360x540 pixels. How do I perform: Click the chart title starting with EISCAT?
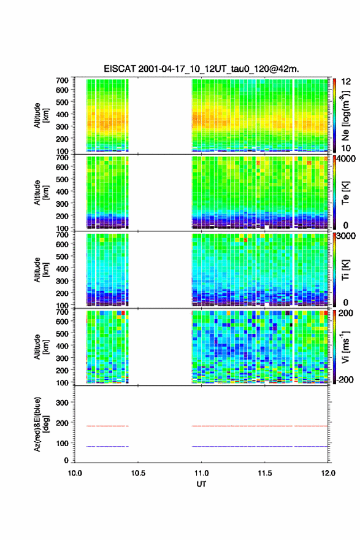click(x=201, y=69)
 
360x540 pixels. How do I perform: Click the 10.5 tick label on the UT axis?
click(x=138, y=473)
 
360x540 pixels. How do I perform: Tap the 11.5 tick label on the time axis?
click(x=265, y=473)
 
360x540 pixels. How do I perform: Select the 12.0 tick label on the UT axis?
click(x=328, y=473)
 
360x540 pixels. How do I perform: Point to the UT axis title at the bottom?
click(x=201, y=484)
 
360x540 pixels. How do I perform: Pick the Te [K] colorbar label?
click(x=345, y=193)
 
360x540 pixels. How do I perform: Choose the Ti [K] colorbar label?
click(x=345, y=269)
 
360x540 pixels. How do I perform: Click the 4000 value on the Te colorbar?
click(x=345, y=159)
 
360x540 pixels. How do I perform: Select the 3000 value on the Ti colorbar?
click(x=345, y=236)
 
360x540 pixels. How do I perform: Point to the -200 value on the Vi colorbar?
click(x=345, y=379)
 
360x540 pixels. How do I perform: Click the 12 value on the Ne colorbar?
click(x=346, y=81)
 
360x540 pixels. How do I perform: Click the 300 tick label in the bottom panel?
click(x=63, y=403)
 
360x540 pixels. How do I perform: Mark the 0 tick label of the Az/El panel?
click(x=66, y=460)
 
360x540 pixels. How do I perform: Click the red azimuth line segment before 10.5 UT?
click(x=107, y=426)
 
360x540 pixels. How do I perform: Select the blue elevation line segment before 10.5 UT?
click(x=107, y=446)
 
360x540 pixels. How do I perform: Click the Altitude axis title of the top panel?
click(x=41, y=115)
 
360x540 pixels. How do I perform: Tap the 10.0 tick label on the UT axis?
click(x=75, y=473)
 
